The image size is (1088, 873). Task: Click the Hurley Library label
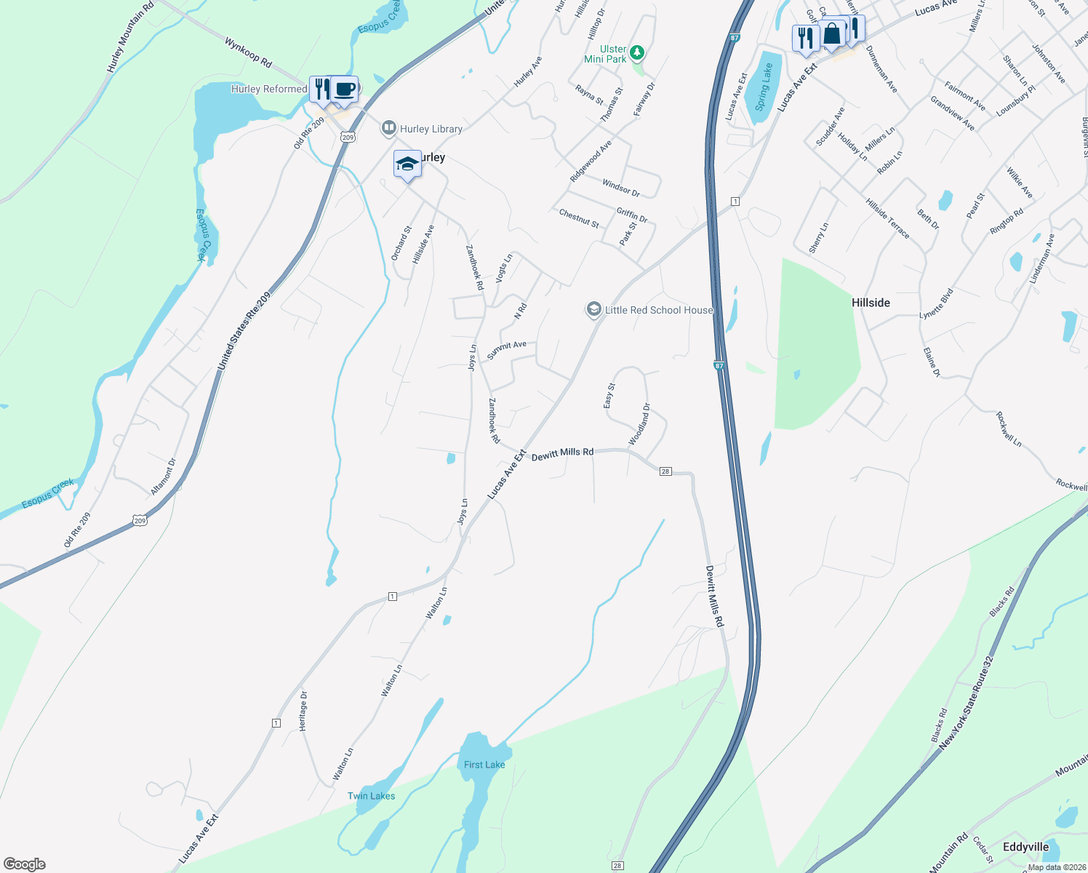click(431, 129)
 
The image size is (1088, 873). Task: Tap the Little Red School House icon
click(594, 310)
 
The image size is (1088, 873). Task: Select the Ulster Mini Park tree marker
click(637, 52)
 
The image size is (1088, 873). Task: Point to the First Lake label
click(484, 765)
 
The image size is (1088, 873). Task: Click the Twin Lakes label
click(371, 796)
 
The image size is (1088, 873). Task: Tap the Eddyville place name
click(1025, 847)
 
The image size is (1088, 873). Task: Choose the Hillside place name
click(871, 303)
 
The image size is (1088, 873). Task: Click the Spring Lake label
click(763, 87)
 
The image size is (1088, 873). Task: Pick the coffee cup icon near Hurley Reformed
click(345, 89)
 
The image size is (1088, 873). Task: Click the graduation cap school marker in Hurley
click(407, 164)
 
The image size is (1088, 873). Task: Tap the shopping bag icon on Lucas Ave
click(832, 33)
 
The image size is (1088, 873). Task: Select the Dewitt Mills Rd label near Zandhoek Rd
click(562, 453)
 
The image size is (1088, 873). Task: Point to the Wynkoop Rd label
click(248, 53)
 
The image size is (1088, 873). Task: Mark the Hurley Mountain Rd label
click(130, 37)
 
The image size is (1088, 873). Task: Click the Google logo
click(25, 864)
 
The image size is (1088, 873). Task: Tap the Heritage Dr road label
click(303, 711)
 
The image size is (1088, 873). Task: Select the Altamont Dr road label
click(164, 477)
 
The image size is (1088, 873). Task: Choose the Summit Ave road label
click(506, 349)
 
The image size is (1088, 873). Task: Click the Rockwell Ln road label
click(1009, 429)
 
